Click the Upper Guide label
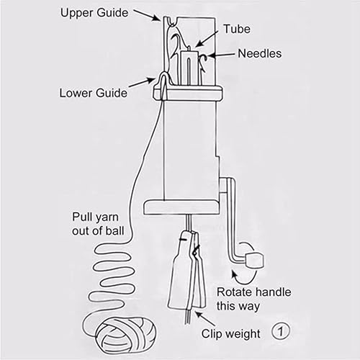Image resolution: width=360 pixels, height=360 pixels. (94, 13)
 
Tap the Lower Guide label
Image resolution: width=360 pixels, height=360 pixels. (94, 93)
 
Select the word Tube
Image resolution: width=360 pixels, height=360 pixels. (237, 29)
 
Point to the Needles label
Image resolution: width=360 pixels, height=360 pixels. (260, 53)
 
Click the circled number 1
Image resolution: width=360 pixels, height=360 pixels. (281, 332)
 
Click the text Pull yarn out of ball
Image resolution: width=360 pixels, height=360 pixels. (98, 224)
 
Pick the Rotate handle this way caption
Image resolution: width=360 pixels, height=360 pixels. (253, 299)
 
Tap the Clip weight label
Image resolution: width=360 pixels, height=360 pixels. (231, 334)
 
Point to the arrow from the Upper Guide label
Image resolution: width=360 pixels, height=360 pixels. (146, 16)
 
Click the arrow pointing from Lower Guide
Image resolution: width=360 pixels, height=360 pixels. (142, 82)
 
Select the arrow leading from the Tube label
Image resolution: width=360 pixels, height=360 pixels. (207, 39)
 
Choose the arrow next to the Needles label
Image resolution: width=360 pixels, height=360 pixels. (221, 55)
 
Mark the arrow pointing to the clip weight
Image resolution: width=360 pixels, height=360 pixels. (205, 318)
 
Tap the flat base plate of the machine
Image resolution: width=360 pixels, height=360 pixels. (182, 207)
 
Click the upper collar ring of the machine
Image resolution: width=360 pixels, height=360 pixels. (187, 93)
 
